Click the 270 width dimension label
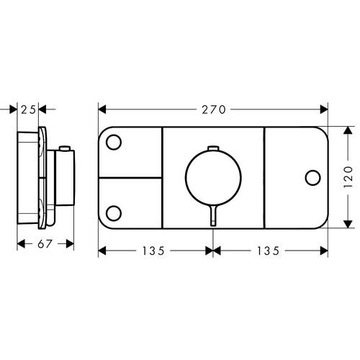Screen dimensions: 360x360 point(214,109)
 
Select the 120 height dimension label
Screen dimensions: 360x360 point(348,177)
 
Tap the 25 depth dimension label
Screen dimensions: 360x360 point(28,109)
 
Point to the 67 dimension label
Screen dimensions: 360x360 point(45,244)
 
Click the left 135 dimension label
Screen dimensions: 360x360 point(153,251)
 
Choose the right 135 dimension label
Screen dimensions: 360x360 point(269,251)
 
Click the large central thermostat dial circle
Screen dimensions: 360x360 point(213,177)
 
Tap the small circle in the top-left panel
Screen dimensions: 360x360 point(114,142)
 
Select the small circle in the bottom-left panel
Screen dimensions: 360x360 point(114,213)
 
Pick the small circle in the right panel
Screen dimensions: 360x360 point(312,178)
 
